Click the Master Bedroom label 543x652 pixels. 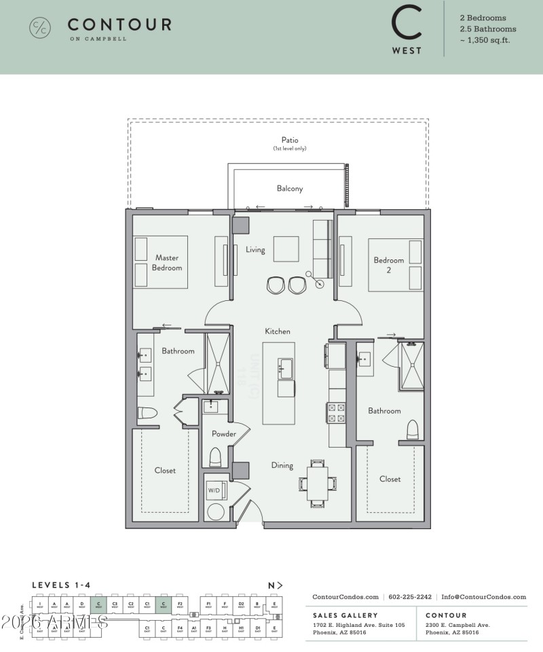click(x=167, y=262)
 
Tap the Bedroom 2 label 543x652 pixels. click(x=388, y=264)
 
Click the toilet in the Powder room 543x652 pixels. click(x=216, y=457)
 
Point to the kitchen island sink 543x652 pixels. click(x=285, y=369)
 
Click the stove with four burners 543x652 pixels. click(x=337, y=412)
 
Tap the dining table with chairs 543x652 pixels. click(x=318, y=483)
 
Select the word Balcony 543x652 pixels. click(x=289, y=189)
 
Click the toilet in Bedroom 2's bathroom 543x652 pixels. click(x=412, y=430)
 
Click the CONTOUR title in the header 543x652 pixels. click(x=119, y=25)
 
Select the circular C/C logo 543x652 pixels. click(x=39, y=28)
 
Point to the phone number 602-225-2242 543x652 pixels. click(x=410, y=597)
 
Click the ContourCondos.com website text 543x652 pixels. click(x=345, y=597)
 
